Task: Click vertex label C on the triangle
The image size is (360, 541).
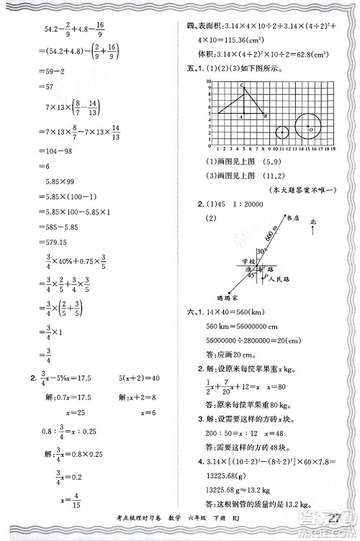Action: (x=243, y=86)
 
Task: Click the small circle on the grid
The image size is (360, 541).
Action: (x=282, y=132)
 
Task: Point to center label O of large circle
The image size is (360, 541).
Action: (x=310, y=129)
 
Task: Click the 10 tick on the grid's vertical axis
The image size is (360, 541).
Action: (x=207, y=82)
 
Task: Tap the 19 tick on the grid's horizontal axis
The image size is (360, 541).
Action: (x=332, y=149)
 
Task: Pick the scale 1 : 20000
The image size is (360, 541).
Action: (x=249, y=205)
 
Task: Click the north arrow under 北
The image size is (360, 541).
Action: (x=314, y=230)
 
